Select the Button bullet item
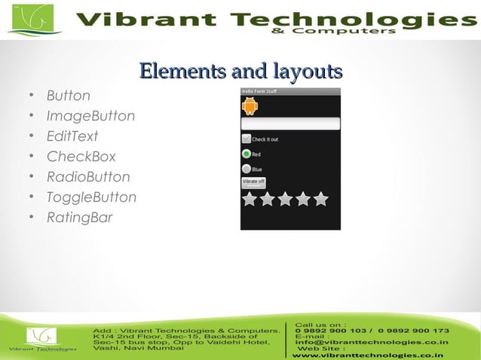69,96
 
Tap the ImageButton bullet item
90,117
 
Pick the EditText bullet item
72,137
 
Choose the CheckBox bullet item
81,157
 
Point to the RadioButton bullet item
88,178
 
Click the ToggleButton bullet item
91,198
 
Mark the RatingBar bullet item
79,218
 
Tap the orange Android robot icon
250,106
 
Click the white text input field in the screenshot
290,124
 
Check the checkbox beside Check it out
246,139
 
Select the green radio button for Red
246,154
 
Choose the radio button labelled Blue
246,169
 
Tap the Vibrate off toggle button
253,183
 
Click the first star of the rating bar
249,200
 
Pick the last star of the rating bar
321,200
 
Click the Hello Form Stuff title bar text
259,92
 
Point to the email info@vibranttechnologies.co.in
372,342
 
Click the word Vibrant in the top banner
131,19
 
